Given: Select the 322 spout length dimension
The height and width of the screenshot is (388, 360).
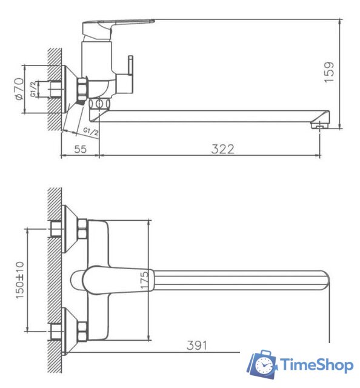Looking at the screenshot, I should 222,149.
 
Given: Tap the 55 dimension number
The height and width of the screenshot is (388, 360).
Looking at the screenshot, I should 79,149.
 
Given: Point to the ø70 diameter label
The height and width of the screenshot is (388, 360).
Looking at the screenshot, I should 18,88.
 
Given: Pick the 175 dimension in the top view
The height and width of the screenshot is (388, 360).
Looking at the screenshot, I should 144,279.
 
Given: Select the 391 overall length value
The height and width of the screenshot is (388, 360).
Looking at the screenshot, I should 196,346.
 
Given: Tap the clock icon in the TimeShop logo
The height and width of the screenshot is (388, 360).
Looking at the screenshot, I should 264,366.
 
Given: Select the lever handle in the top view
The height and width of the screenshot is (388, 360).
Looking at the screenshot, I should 109,279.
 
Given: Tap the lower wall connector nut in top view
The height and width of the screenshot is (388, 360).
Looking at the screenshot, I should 56,331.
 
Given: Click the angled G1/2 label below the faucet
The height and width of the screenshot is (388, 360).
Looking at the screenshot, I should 92,131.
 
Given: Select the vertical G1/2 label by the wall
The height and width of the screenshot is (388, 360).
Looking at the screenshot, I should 32,89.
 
